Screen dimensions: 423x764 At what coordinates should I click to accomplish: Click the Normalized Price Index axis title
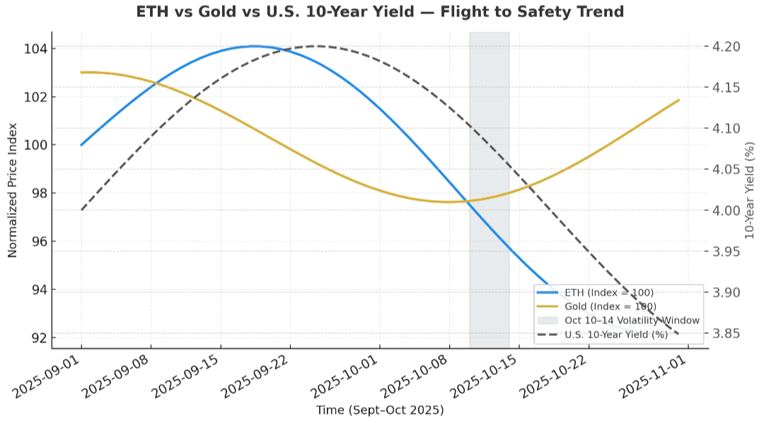(13, 190)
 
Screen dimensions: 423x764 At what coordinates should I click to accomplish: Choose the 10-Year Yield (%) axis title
(751, 190)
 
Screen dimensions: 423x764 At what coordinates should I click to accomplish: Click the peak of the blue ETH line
(253, 46)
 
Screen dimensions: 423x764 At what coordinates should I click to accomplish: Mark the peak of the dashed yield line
(316, 46)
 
